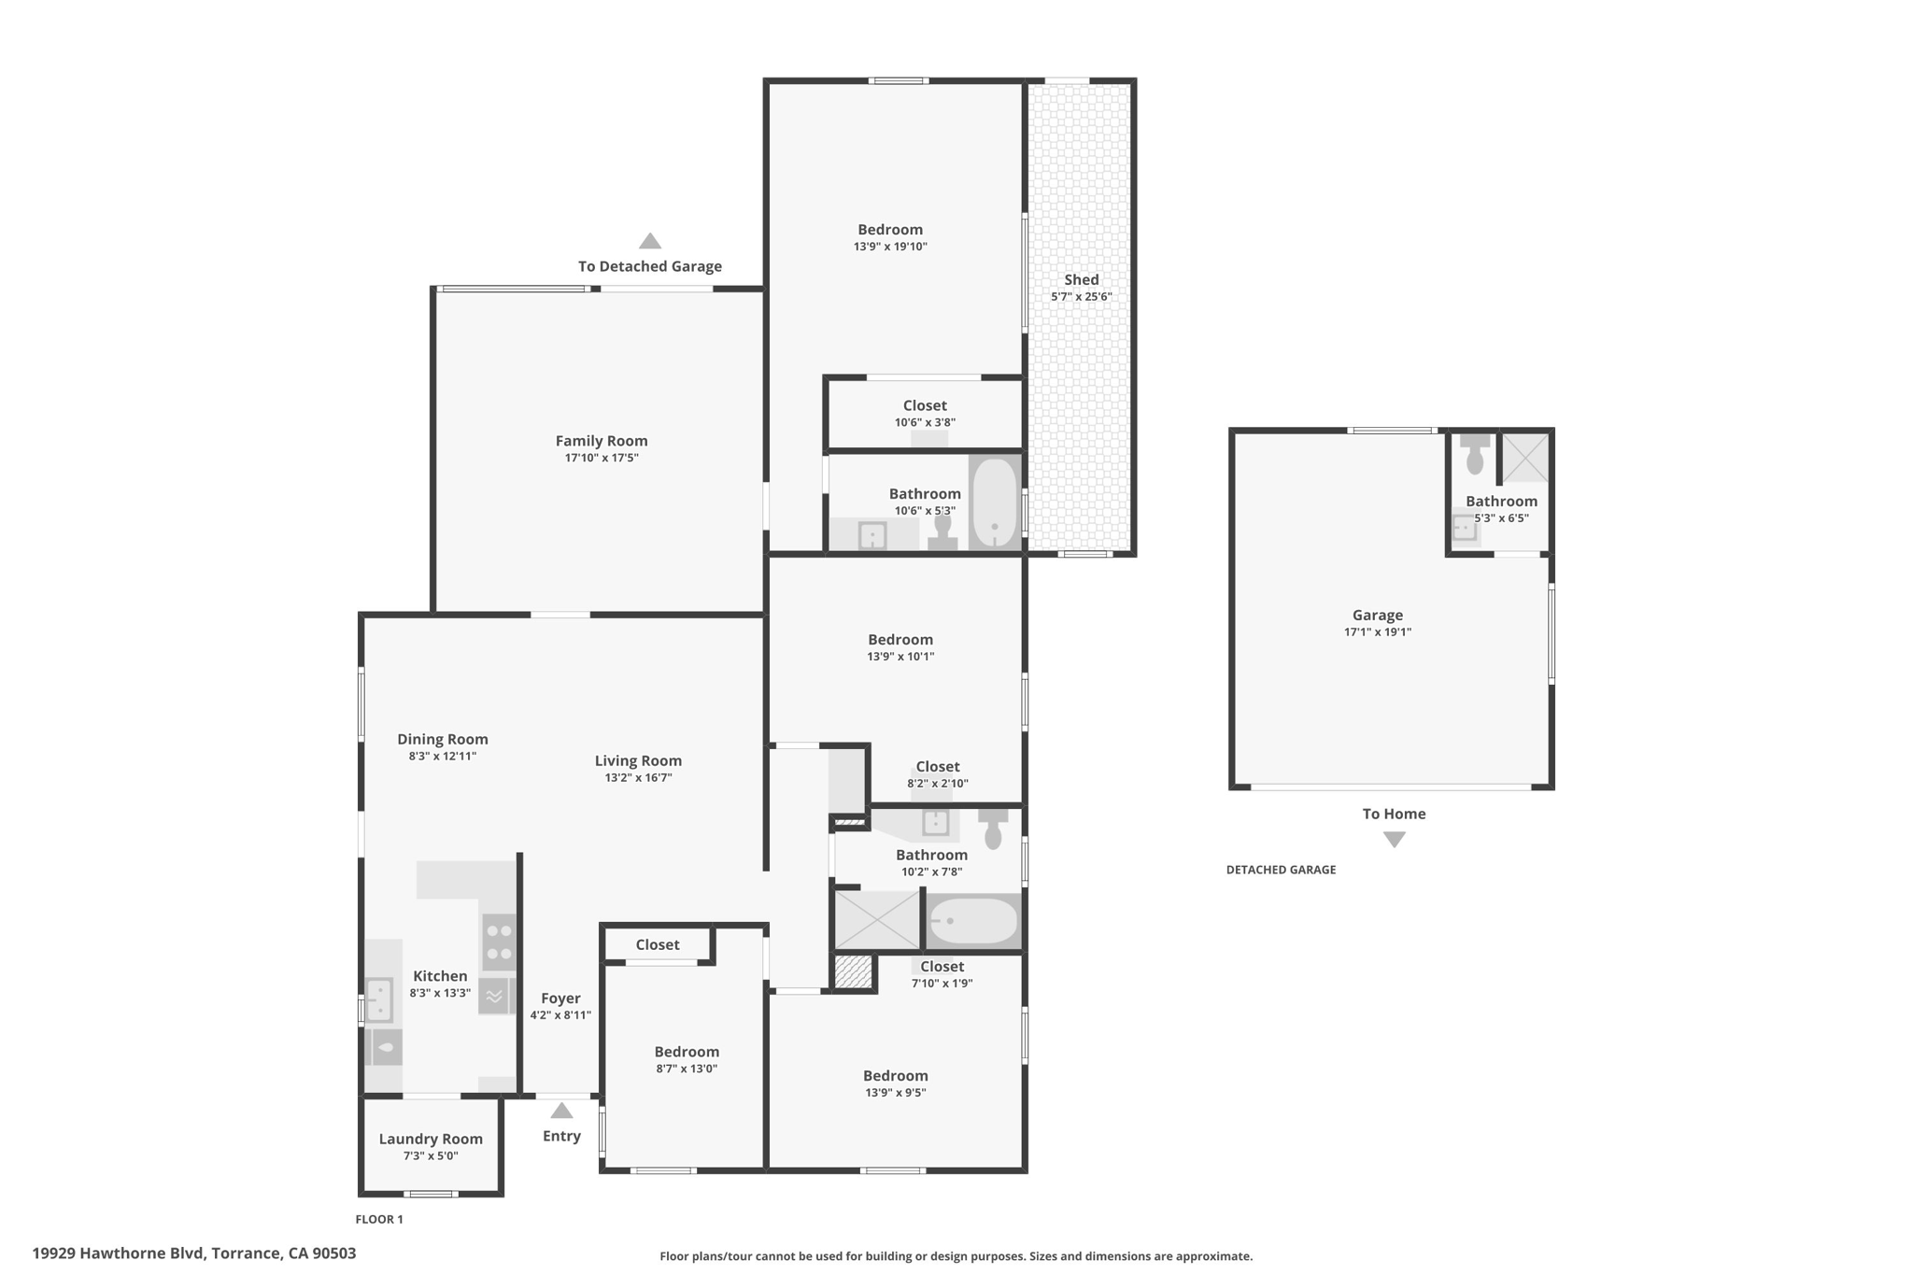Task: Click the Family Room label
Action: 602,441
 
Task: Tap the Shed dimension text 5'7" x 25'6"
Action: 1081,297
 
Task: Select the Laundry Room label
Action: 431,1139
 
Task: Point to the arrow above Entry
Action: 561,1111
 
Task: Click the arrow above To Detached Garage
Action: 650,241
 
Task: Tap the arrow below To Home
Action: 1395,840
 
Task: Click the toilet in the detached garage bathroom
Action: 1475,454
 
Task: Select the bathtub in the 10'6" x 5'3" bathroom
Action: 994,503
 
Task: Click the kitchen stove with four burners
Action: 499,942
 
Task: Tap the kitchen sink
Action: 378,1000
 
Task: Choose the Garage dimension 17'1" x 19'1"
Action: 1378,632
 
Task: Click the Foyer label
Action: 560,999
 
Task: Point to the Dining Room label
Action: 443,739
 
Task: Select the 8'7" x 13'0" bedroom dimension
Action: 687,1069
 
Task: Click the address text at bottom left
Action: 194,1254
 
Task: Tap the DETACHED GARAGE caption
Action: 1281,870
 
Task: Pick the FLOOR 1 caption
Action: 379,1219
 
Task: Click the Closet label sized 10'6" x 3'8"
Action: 925,405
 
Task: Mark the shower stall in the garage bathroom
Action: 1524,457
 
